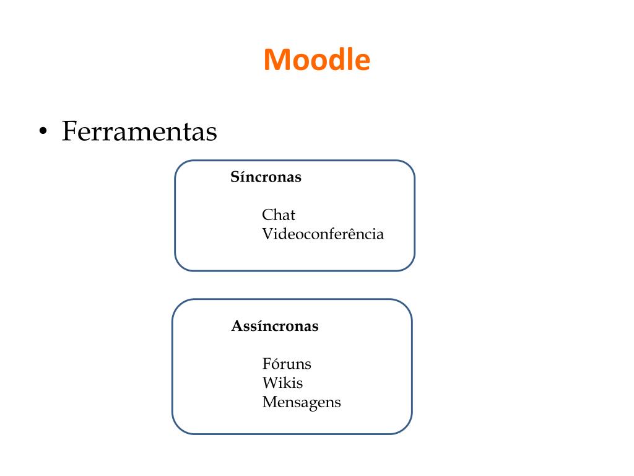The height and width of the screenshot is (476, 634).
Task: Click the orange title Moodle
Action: click(316, 60)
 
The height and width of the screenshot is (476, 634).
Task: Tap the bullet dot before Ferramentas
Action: click(43, 132)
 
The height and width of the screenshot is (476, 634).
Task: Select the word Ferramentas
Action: click(139, 131)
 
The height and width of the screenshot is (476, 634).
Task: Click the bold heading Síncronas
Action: click(266, 177)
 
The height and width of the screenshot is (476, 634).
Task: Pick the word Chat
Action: click(279, 215)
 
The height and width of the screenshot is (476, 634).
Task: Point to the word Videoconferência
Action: click(323, 234)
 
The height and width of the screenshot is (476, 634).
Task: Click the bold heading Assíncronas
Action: click(274, 326)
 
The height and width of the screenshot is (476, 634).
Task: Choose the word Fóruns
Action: click(287, 364)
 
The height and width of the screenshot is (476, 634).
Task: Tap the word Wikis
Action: click(282, 383)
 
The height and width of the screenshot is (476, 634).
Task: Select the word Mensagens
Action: click(302, 402)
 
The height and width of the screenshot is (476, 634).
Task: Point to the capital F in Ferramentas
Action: click(69, 131)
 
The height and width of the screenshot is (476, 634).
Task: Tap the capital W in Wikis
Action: click(269, 383)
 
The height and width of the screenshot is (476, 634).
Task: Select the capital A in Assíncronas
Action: click(237, 326)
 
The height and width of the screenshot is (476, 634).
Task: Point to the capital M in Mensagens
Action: click(269, 402)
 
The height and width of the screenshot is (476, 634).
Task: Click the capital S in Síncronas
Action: click(235, 177)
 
